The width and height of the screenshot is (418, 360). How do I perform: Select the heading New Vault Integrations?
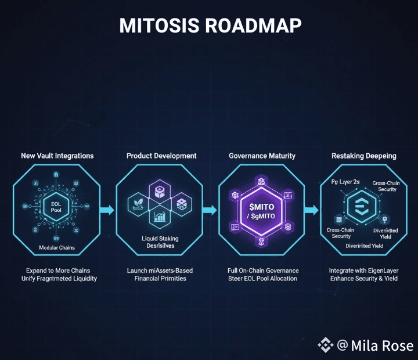57,156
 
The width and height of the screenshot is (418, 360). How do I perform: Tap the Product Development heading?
161,156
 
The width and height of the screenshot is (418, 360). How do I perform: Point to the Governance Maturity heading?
262,156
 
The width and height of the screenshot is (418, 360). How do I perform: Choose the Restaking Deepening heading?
364,156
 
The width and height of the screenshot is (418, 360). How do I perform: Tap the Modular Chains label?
57,247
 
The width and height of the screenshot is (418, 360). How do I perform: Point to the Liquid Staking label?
161,239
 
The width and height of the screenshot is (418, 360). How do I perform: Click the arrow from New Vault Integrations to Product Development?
107,210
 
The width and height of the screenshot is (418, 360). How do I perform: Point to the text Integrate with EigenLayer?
364,271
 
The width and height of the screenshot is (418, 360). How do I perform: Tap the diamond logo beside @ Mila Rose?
326,345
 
